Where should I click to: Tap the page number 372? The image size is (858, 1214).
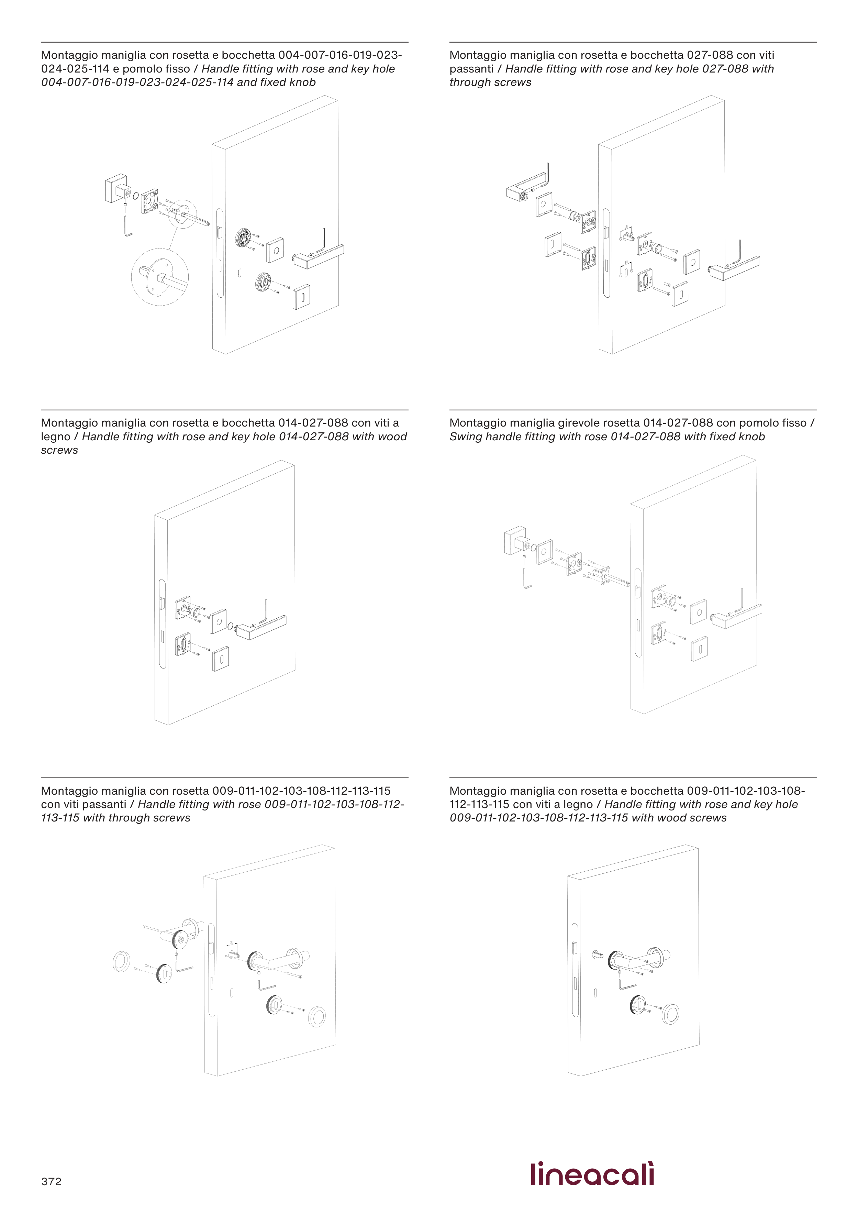(x=51, y=1182)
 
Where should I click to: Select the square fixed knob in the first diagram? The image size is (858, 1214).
(x=116, y=188)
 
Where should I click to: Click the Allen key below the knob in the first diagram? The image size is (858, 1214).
(x=128, y=226)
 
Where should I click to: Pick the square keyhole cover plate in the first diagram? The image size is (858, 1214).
(x=301, y=298)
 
